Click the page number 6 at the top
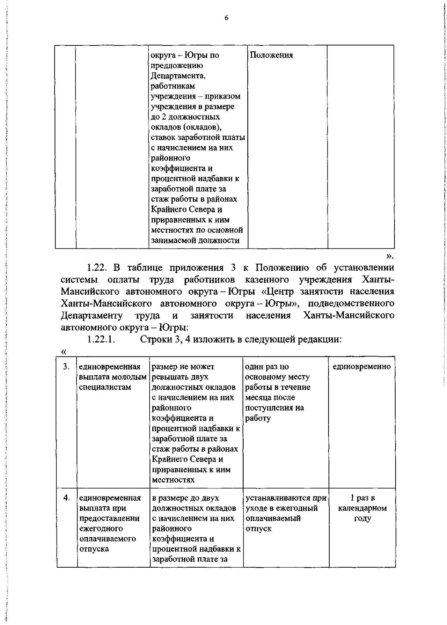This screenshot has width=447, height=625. (226, 18)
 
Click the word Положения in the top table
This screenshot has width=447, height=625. (271, 55)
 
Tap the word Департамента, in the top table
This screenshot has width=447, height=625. (178, 76)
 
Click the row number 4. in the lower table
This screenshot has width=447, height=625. (66, 498)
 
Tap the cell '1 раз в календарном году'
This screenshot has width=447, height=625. (362, 508)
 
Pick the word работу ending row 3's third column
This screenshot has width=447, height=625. (258, 418)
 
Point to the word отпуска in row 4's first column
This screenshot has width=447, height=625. (94, 549)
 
